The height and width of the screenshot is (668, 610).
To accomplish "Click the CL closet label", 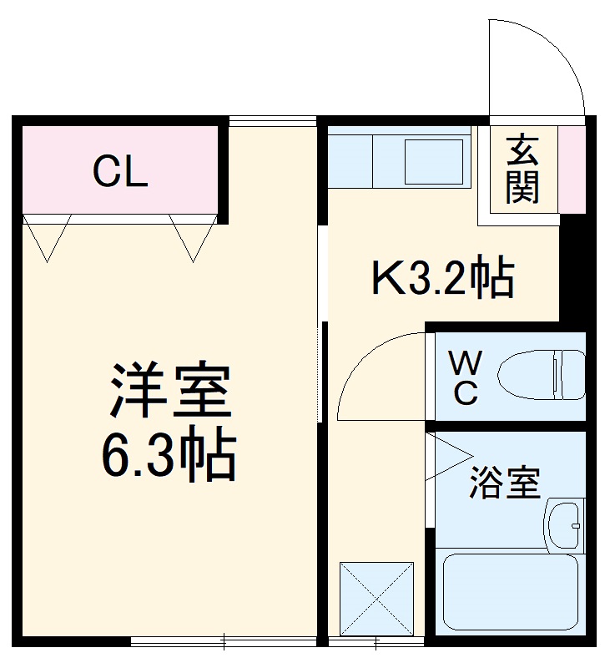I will pyautogui.click(x=120, y=173).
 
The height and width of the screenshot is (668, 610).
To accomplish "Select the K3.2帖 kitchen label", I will pyautogui.click(x=442, y=278).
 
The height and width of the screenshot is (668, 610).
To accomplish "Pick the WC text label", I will pyautogui.click(x=466, y=378).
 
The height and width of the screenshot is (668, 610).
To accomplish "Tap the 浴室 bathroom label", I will pyautogui.click(x=504, y=482).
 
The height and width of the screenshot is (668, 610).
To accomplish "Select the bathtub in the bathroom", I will pyautogui.click(x=508, y=592).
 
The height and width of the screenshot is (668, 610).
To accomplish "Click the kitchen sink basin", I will pyautogui.click(x=433, y=161).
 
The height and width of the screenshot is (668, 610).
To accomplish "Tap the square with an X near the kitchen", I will pyautogui.click(x=377, y=599).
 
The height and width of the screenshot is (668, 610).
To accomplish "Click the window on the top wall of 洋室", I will pyautogui.click(x=273, y=122).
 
